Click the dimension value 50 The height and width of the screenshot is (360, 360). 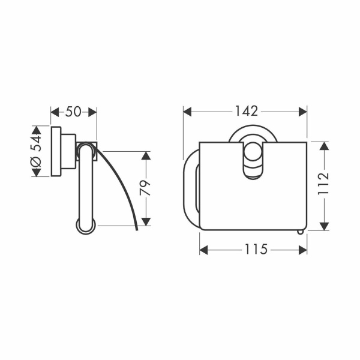73,112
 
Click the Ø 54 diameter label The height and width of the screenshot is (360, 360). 36,151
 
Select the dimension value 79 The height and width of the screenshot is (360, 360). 145,188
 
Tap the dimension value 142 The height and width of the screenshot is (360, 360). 247,111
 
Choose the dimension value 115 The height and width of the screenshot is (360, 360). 256,249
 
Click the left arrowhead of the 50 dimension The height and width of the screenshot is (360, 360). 55,112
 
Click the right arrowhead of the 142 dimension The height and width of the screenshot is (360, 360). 302,112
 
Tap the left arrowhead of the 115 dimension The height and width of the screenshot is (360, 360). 203,250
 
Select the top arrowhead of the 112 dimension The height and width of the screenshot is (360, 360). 324,146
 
